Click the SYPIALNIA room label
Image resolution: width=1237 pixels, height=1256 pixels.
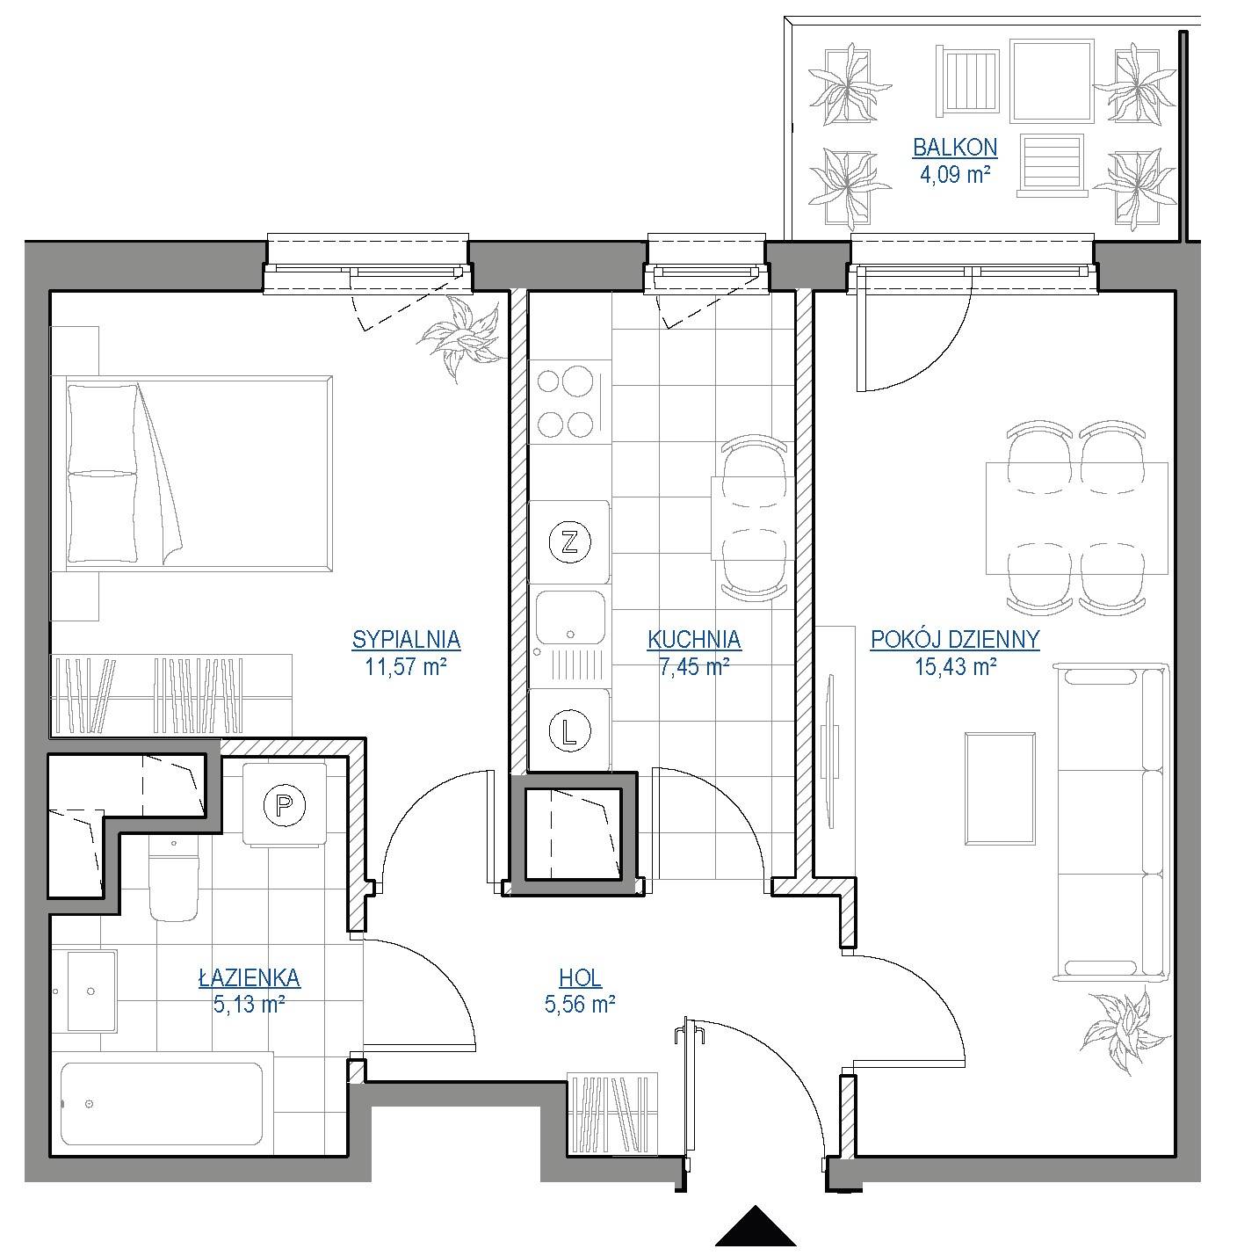pyautogui.click(x=406, y=639)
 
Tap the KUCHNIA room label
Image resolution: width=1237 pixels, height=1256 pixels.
pyautogui.click(x=693, y=639)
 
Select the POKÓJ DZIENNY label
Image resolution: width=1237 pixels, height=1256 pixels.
pyautogui.click(x=955, y=639)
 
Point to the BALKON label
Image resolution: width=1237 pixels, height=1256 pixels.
pyautogui.click(x=955, y=148)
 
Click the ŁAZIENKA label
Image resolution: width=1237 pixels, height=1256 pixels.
pyautogui.click(x=250, y=977)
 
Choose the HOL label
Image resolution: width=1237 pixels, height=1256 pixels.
pyautogui.click(x=580, y=977)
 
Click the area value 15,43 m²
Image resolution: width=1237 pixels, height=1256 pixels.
pyautogui.click(x=956, y=666)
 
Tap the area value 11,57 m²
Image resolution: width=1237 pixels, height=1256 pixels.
pyautogui.click(x=406, y=666)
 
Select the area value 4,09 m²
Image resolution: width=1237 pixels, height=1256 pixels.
pyautogui.click(x=955, y=174)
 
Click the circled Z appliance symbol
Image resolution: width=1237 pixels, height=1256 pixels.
pyautogui.click(x=569, y=541)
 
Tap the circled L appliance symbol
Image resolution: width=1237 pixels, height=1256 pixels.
pyautogui.click(x=569, y=730)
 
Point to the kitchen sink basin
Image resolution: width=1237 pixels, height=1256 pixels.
pyautogui.click(x=570, y=617)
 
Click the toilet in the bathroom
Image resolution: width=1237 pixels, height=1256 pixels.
pyautogui.click(x=173, y=879)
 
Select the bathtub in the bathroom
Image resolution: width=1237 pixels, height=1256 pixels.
pyautogui.click(x=162, y=1103)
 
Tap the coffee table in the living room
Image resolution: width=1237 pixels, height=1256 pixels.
pyautogui.click(x=1000, y=788)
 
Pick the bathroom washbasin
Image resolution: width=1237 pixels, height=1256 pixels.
pyautogui.click(x=92, y=991)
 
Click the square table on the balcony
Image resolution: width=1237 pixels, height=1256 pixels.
pyautogui.click(x=1052, y=81)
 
